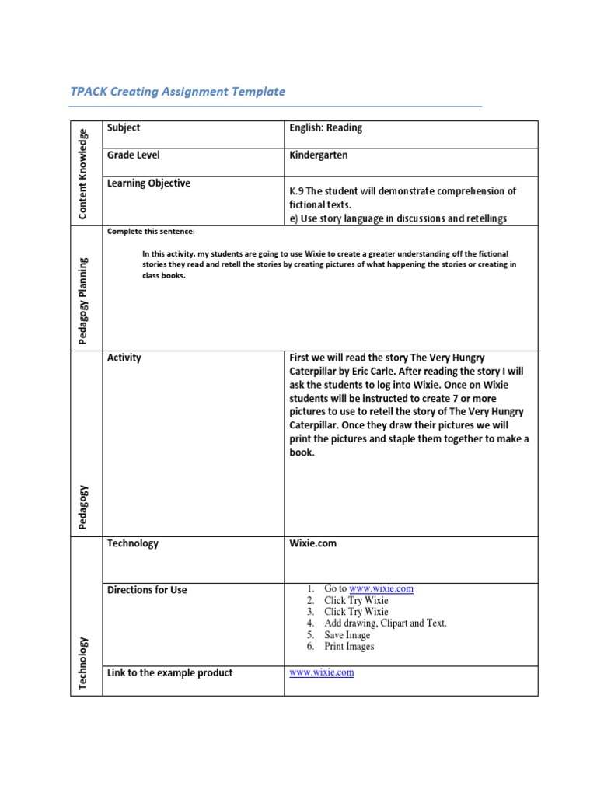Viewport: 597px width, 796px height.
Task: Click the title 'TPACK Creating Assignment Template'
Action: coord(177,92)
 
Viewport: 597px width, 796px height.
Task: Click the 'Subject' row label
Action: coord(124,127)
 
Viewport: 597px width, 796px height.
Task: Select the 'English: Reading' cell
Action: coord(326,127)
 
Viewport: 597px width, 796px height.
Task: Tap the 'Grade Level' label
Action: coord(134,155)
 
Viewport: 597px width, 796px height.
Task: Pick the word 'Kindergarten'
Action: coord(319,155)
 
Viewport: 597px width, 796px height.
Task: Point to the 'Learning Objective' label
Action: coord(148,183)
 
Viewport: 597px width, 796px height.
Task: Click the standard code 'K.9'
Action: coord(297,190)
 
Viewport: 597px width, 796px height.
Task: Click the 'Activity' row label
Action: coord(124,358)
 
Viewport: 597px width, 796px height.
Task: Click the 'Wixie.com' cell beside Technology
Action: coord(313,543)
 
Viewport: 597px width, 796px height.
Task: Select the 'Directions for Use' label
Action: coord(147,590)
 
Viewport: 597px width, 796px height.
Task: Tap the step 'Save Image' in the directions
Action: coord(347,635)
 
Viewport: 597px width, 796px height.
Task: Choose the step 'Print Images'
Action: coord(349,647)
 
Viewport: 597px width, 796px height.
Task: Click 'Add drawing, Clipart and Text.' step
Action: coord(386,623)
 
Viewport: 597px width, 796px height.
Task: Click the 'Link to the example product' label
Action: coord(169,672)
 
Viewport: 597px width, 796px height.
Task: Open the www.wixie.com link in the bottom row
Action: coord(322,672)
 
